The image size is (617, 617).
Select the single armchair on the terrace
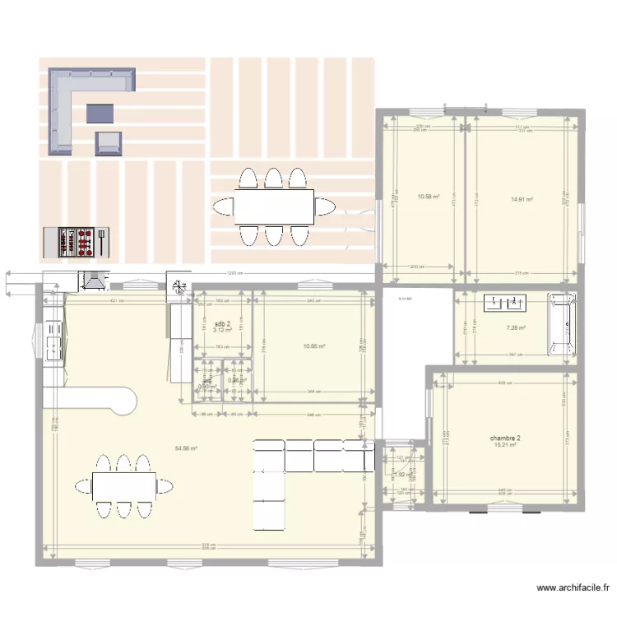pos(109,143)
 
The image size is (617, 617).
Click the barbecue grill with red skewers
pos(75,241)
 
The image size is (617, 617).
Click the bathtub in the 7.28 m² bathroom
pos(563,326)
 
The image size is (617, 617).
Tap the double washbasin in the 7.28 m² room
pos(506,304)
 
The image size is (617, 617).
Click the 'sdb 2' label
pos(221,324)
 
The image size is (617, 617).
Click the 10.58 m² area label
pos(428,197)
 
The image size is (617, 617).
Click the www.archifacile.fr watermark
pos(573,588)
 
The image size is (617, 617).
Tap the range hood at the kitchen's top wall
pos(92,281)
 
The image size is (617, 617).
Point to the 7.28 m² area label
pos(516,328)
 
